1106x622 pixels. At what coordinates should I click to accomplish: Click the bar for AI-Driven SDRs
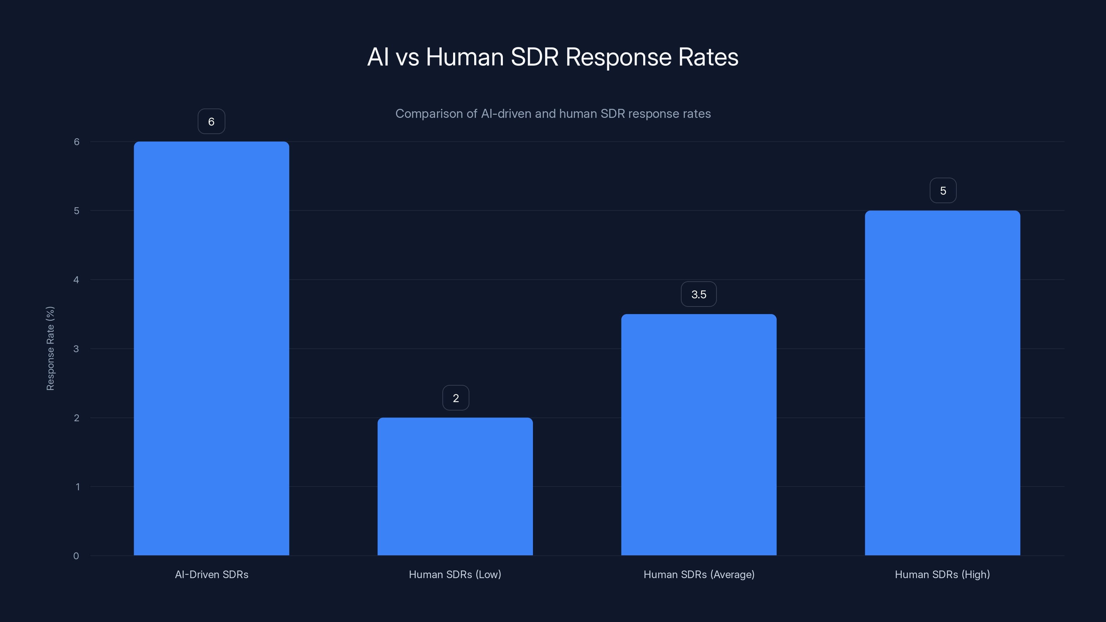point(211,348)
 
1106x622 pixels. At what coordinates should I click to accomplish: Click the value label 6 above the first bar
point(211,122)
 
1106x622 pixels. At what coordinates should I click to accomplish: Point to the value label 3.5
point(699,294)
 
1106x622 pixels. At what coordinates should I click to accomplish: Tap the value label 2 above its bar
point(456,398)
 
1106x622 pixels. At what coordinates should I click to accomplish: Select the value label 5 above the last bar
point(943,191)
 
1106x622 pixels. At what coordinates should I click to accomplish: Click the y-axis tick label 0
point(76,556)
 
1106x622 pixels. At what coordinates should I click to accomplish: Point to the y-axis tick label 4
point(76,280)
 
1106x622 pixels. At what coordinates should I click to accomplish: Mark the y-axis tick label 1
point(77,487)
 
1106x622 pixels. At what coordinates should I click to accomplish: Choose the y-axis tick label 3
point(76,349)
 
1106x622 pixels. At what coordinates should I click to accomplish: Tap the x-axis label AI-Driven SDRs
point(211,574)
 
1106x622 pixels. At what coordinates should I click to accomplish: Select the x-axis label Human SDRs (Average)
point(699,574)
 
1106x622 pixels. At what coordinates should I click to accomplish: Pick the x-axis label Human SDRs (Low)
point(455,574)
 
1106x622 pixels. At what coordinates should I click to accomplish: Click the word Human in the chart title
point(465,57)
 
